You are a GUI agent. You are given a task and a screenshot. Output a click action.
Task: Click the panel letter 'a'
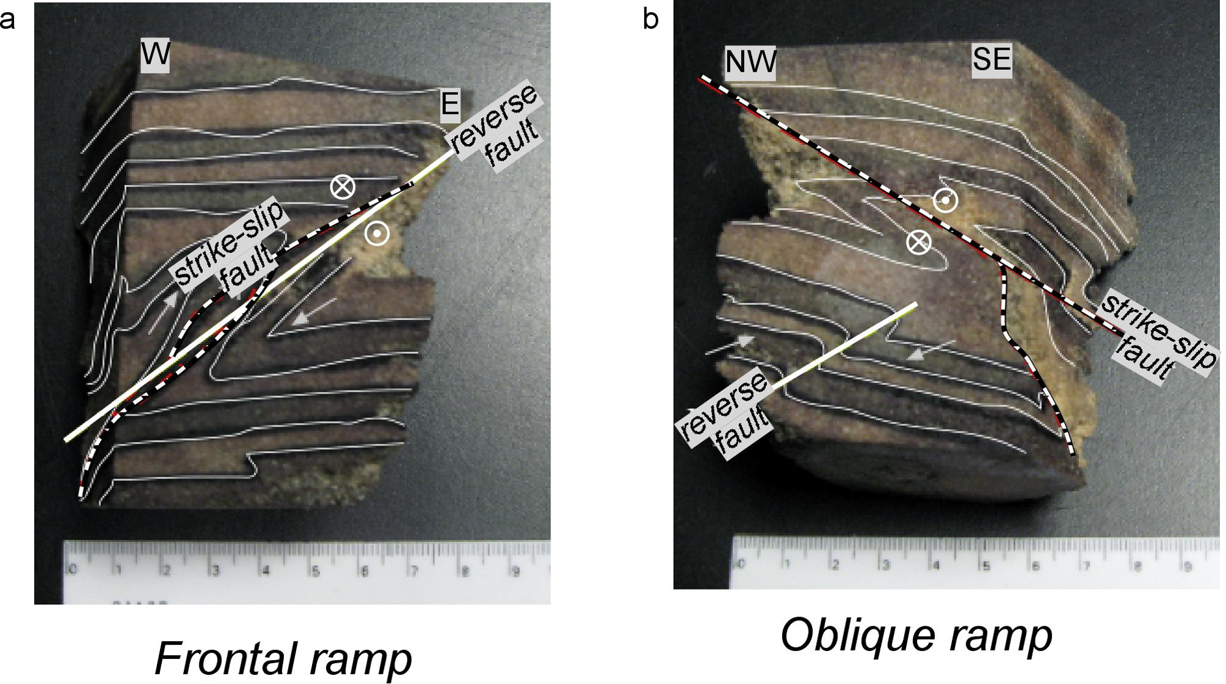(x=7, y=20)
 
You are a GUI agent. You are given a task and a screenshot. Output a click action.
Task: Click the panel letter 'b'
(x=650, y=20)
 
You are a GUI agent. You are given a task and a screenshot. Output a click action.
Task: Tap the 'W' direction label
(x=154, y=55)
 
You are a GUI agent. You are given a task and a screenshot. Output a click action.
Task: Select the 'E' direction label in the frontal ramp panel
(x=450, y=104)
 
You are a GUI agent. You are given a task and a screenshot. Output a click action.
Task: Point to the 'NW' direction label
(x=750, y=62)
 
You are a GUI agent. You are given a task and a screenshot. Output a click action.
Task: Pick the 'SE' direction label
(x=991, y=59)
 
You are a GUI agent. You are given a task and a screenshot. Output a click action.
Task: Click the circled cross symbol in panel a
(x=343, y=186)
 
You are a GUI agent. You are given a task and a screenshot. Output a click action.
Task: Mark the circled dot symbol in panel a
(x=376, y=234)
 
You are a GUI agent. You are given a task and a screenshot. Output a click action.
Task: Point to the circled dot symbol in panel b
(x=946, y=200)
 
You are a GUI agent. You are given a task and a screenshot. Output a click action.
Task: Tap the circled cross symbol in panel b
(x=918, y=243)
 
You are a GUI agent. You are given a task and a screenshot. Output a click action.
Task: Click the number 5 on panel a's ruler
(x=315, y=572)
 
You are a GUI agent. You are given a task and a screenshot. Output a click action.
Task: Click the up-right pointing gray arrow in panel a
(x=163, y=312)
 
